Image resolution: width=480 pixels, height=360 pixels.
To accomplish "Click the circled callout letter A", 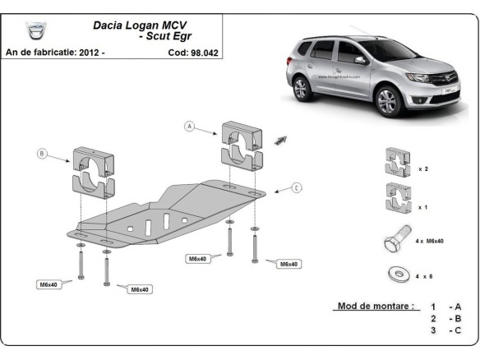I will pos(190,127).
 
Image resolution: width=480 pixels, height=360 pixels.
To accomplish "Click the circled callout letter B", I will pos(42,153).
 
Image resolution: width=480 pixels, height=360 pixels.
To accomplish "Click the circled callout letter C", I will pos(297,188).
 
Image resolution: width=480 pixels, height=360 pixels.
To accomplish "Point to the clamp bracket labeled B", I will pos(95,170).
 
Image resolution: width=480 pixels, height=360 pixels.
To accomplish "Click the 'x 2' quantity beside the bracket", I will pos(423,168).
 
